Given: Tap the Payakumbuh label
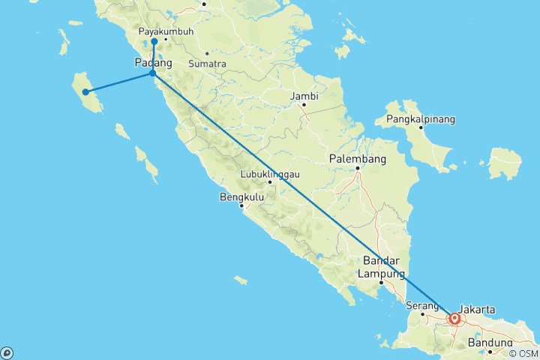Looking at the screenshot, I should [x=166, y=31].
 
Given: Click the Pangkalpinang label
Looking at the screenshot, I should [x=421, y=119].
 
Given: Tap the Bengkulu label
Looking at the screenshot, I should [x=238, y=197].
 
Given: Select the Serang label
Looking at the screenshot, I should [x=421, y=305].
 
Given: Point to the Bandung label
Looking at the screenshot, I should [x=490, y=343].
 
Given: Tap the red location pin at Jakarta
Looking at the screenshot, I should [x=454, y=318].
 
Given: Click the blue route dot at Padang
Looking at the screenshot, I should [x=153, y=73].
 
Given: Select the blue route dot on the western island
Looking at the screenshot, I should [x=86, y=92].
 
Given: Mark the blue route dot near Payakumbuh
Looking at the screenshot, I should [x=154, y=42].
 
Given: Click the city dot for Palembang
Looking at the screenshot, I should [x=358, y=168].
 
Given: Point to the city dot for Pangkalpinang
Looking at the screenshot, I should [x=421, y=127].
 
